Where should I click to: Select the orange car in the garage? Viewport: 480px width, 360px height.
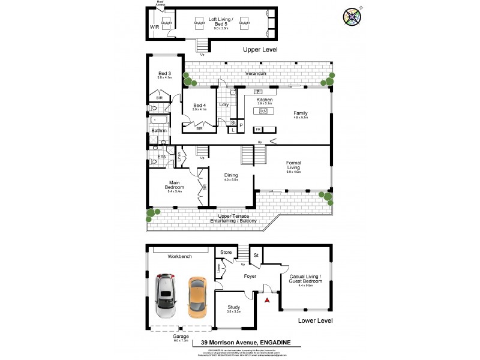pyautogui.click(x=196, y=297)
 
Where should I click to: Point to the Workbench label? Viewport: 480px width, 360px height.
pyautogui.click(x=179, y=256)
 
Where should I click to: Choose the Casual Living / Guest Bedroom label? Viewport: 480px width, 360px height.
pyautogui.click(x=305, y=280)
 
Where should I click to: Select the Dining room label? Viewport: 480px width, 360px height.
pyautogui.click(x=231, y=175)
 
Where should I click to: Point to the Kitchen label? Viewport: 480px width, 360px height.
pyautogui.click(x=265, y=100)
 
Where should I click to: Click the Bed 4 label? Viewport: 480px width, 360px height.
pyautogui.click(x=199, y=105)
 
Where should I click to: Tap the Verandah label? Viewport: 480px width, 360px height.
pyautogui.click(x=255, y=73)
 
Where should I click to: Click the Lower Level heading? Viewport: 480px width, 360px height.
pyautogui.click(x=316, y=322)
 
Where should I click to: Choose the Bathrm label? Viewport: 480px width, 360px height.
pyautogui.click(x=159, y=130)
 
